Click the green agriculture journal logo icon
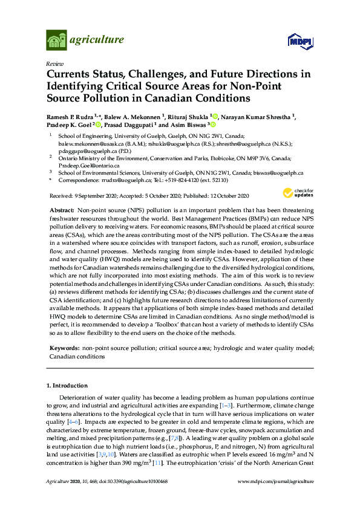pyautogui.click(x=57, y=41)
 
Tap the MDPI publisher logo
pyautogui.click(x=301, y=41)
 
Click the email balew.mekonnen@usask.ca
pyautogui.click(x=95, y=145)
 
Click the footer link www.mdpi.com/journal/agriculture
pyautogui.click(x=276, y=481)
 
